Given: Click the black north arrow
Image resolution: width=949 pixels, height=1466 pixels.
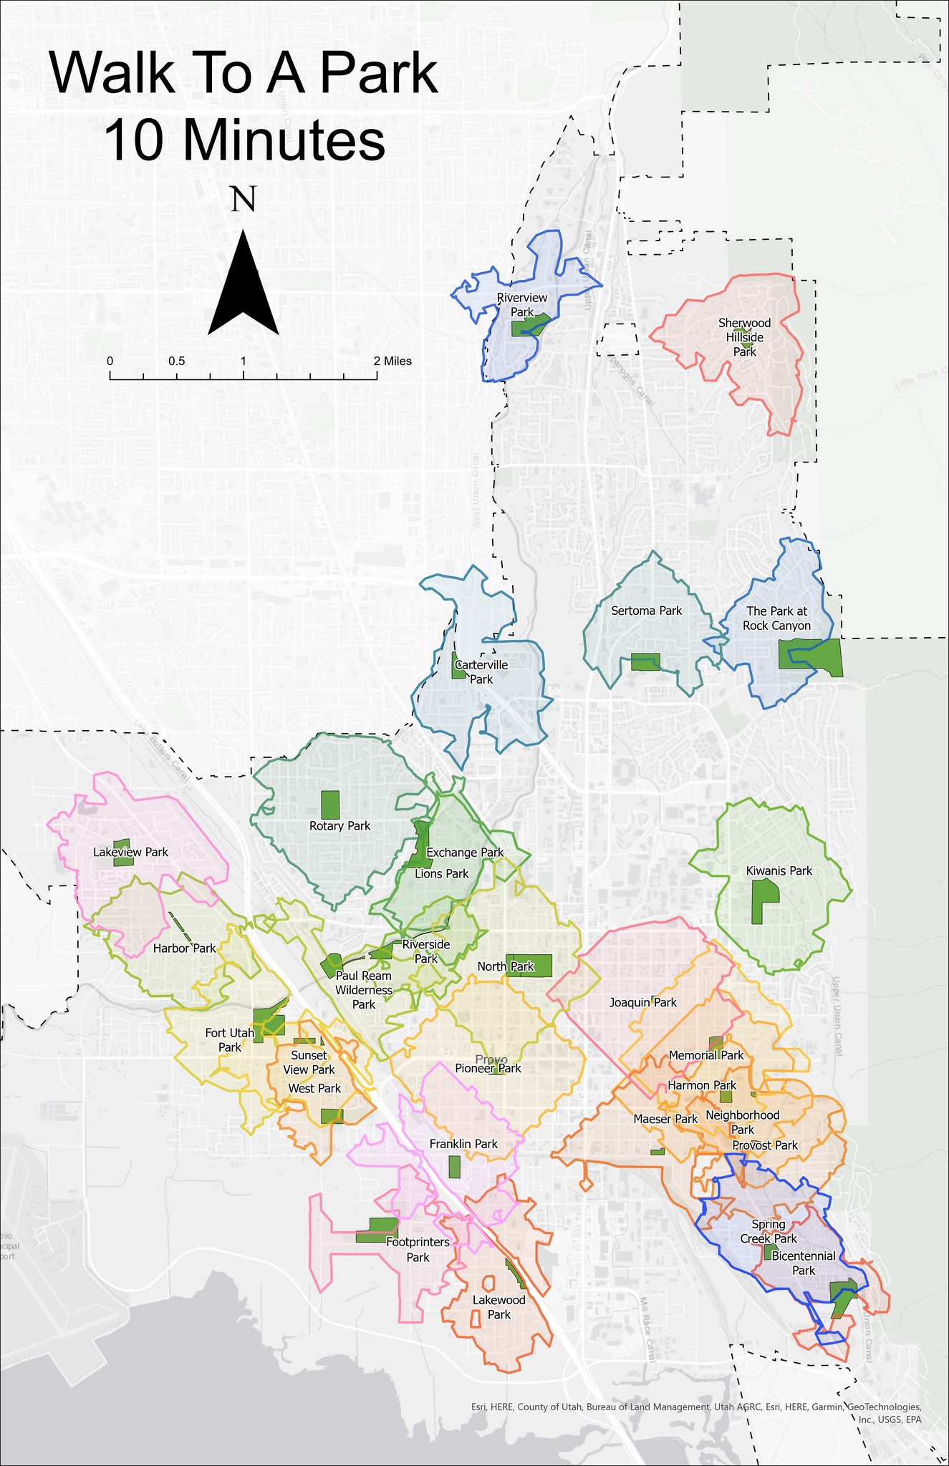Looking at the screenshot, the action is click(244, 286).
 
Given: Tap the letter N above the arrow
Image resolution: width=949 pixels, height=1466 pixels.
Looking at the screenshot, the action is click(244, 198).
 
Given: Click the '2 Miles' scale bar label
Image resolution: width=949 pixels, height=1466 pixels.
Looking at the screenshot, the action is click(392, 361).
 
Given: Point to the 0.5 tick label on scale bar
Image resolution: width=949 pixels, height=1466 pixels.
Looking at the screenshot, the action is click(176, 361).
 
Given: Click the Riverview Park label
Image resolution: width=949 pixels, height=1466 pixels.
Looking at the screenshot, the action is click(522, 305).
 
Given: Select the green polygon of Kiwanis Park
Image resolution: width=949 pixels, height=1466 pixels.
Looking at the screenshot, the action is click(763, 900).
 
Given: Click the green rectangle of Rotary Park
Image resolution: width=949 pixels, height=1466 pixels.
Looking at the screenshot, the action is click(329, 805).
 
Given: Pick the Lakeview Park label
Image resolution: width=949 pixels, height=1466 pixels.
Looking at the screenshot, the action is click(130, 852).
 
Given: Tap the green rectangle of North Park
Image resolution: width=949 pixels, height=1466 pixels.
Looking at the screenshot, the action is click(530, 965).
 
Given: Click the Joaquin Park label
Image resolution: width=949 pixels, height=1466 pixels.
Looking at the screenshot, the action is click(642, 1003).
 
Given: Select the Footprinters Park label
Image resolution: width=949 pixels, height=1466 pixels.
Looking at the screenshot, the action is click(418, 1250).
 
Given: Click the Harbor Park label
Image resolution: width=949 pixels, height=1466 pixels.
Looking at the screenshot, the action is click(184, 948).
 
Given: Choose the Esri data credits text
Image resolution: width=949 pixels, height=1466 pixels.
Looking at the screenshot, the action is click(695, 1407).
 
